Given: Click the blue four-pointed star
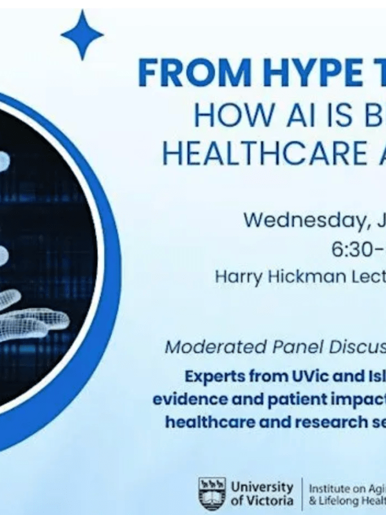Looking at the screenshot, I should (x=82, y=35).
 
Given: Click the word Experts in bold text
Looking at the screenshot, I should (x=214, y=376).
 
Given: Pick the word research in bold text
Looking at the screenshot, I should (x=318, y=423).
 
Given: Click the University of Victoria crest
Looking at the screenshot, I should (x=212, y=492).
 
